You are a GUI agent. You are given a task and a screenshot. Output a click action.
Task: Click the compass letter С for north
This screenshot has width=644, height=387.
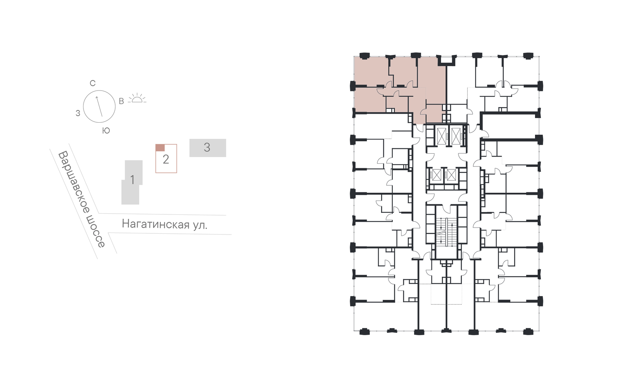[92, 84]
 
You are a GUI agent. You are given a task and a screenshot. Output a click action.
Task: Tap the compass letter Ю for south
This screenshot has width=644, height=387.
[106, 131]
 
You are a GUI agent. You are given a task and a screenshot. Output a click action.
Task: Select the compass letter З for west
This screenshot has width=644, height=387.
[78, 113]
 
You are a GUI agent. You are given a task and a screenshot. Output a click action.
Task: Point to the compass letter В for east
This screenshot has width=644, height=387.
[121, 101]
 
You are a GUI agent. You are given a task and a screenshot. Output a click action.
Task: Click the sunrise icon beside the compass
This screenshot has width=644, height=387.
[137, 98]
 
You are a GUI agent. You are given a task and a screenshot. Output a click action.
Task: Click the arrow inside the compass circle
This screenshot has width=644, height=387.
[99, 106]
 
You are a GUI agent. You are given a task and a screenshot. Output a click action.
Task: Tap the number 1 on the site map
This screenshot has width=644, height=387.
[132, 180]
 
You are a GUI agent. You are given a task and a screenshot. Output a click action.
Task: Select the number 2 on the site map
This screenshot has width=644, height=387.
[166, 159]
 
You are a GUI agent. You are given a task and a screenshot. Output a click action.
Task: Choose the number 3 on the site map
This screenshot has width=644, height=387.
[207, 147]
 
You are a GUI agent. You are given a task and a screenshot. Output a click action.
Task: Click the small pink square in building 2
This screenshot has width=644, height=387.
[160, 147]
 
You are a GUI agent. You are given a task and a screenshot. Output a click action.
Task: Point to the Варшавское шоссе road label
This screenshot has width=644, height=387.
[82, 199]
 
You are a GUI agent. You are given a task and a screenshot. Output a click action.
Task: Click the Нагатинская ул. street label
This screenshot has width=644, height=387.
[164, 224]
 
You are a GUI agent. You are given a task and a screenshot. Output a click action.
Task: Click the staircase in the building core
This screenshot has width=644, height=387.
[446, 232]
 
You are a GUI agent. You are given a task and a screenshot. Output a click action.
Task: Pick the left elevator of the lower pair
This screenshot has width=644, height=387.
[436, 175]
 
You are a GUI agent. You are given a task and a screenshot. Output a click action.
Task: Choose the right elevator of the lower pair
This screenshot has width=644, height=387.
[451, 175]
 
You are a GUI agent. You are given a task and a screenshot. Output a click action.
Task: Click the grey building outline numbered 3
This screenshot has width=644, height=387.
[208, 148]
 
